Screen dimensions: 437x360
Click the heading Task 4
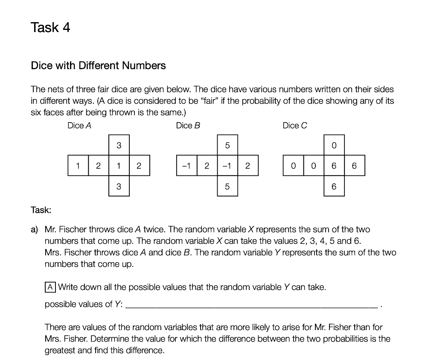(x=50, y=28)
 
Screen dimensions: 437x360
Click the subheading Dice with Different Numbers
(x=98, y=66)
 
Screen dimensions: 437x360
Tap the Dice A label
(x=79, y=126)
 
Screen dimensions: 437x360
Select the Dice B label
(x=188, y=126)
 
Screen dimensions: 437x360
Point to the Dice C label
(x=295, y=126)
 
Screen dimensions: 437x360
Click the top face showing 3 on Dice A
(x=119, y=146)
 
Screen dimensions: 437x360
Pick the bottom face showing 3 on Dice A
(x=119, y=186)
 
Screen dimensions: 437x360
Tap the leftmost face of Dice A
(x=78, y=166)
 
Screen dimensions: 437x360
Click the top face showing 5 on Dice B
(x=227, y=146)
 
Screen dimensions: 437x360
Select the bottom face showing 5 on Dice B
(x=227, y=186)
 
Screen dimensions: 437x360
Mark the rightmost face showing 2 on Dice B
(x=248, y=166)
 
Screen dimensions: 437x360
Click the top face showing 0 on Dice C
(x=334, y=146)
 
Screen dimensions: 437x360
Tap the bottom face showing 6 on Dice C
(x=334, y=186)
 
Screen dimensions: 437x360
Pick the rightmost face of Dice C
(x=354, y=166)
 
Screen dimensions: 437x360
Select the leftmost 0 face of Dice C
(x=293, y=166)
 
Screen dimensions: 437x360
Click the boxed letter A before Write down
(x=50, y=287)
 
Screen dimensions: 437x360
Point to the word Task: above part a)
(x=41, y=210)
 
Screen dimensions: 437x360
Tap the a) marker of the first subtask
(x=35, y=229)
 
